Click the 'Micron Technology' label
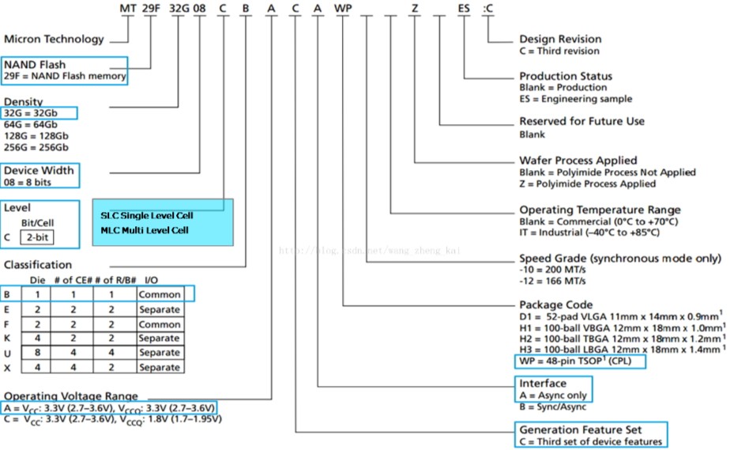54,39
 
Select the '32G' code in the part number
179,9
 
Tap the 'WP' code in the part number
344,9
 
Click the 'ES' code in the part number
465,9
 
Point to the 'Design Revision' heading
559,39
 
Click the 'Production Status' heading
566,76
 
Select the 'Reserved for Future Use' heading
581,121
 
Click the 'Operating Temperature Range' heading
600,210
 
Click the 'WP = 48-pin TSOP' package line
579,361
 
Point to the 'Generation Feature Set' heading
579,430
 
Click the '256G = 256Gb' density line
36,148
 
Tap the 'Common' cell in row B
160,294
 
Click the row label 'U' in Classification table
7,353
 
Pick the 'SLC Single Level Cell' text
147,215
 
